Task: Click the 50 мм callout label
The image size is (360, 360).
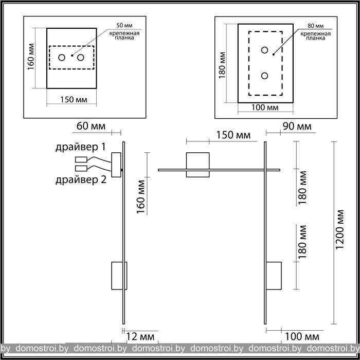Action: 124,26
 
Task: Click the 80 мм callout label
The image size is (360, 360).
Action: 315,26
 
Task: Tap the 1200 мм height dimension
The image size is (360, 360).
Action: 339,229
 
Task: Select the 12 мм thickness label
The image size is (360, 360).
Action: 140,337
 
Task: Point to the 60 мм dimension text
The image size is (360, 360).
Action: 91,126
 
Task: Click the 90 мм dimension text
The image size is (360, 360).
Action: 297,127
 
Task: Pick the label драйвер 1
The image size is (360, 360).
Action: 81,147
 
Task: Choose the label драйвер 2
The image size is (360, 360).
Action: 81,180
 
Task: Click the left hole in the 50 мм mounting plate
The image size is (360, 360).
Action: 62,58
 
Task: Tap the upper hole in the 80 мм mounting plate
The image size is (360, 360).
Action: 264,50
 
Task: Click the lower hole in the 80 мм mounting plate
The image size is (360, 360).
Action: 264,76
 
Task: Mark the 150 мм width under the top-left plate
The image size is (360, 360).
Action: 74,100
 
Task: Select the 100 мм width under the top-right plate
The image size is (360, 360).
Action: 265,107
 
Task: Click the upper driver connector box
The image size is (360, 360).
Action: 81,159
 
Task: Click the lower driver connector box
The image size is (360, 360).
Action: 81,168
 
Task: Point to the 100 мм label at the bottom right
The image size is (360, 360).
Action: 302,337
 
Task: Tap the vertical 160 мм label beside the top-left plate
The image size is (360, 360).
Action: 31,57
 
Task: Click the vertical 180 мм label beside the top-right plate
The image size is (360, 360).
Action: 222,65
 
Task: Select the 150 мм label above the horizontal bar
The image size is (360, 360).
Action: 233,135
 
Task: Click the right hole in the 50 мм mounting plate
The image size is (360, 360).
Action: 80,58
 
